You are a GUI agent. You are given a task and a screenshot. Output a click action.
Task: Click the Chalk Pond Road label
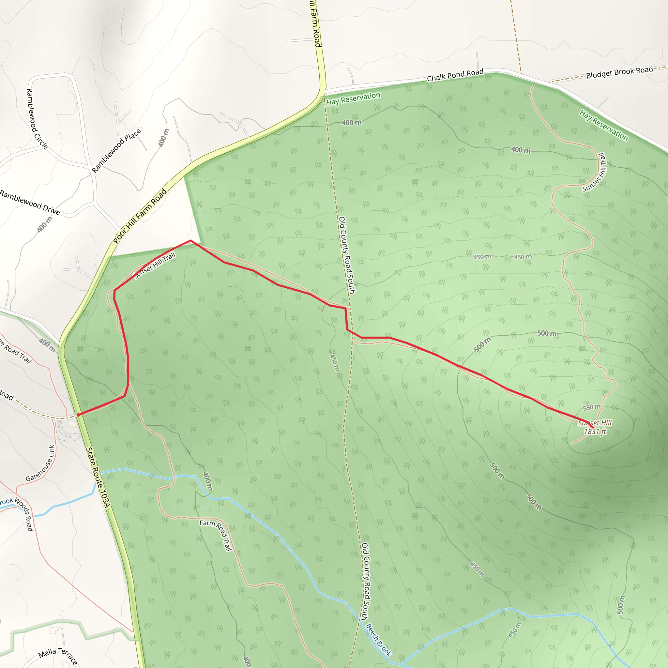point(455,75)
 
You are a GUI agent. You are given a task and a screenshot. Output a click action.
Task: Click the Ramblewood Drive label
point(30,202)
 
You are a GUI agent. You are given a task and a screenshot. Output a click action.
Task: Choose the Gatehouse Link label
point(41,463)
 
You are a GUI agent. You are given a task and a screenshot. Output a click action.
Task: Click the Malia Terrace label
point(58,656)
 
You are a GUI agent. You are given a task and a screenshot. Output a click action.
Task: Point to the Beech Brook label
point(379,640)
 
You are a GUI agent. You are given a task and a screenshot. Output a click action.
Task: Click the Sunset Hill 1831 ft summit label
point(595,427)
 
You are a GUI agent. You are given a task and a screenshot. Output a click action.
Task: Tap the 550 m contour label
point(592,408)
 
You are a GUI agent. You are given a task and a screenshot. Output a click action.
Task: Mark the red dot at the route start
point(79,415)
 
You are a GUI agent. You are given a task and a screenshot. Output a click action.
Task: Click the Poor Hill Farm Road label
point(140,216)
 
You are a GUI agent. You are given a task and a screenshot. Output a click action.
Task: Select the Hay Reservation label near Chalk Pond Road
point(353,99)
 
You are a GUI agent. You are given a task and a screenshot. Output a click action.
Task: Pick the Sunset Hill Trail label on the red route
point(155,266)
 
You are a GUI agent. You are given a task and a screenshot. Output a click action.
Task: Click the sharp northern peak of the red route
point(190,241)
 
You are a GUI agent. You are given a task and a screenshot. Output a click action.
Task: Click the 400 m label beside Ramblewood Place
point(164,138)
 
